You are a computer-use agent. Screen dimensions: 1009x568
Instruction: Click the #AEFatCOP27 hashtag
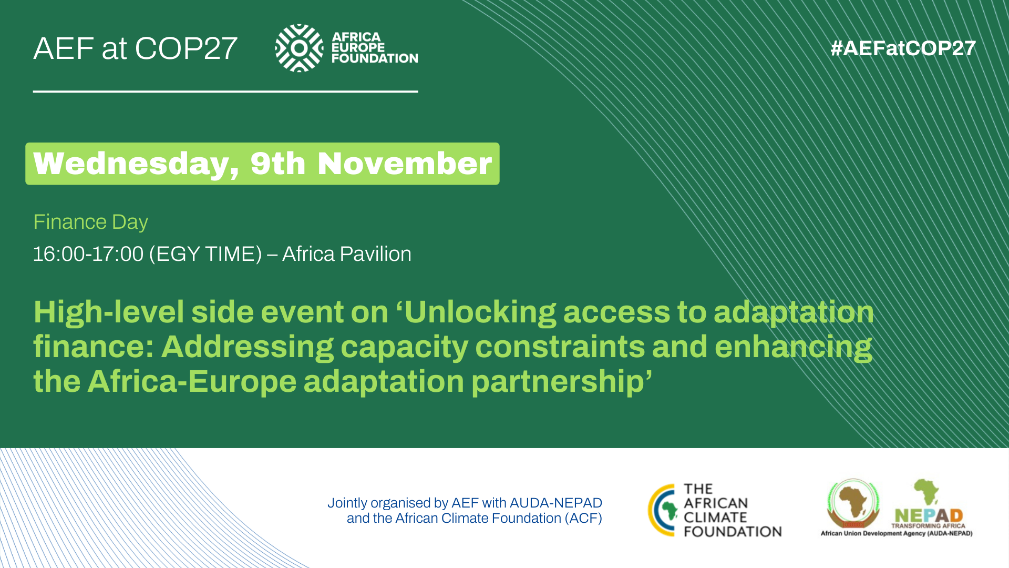click(903, 48)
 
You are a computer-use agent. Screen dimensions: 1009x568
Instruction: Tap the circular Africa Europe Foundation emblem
click(299, 48)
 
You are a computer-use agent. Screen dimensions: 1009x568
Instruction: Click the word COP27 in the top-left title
click(186, 48)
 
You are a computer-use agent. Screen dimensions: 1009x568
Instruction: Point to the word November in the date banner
click(405, 164)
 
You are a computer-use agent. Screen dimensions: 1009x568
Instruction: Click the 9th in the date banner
click(278, 164)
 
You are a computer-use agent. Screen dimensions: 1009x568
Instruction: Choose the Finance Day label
click(90, 222)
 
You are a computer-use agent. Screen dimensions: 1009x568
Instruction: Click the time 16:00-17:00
click(88, 254)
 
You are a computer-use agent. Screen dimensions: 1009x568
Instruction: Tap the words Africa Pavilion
click(347, 254)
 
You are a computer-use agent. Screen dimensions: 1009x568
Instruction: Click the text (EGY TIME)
click(205, 255)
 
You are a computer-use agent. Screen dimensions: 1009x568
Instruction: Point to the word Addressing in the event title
click(247, 347)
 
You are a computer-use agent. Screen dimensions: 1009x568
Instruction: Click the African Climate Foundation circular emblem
click(663, 510)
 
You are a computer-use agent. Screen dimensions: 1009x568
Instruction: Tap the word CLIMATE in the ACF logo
click(715, 518)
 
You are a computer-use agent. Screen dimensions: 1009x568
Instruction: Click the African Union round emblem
click(853, 503)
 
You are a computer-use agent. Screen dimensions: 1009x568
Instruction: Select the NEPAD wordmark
click(929, 515)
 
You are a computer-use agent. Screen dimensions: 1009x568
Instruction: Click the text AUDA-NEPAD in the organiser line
click(556, 503)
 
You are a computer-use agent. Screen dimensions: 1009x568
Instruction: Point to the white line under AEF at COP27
click(225, 92)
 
